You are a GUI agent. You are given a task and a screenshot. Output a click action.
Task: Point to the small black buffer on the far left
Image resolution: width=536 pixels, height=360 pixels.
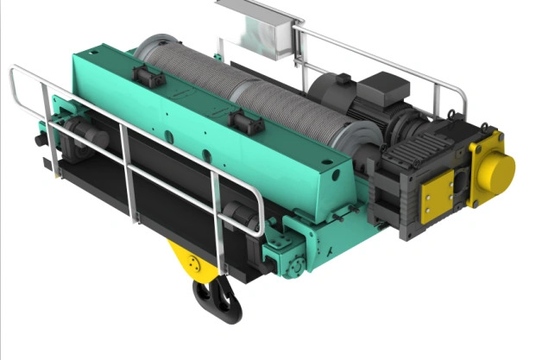tap(41, 137)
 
